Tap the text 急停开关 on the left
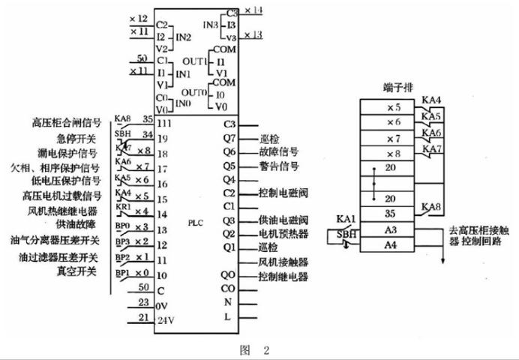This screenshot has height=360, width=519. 77,137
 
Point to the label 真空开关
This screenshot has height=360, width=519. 77,271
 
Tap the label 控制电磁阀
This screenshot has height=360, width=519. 283,193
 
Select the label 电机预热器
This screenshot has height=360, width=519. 283,234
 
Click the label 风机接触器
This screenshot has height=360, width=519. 283,262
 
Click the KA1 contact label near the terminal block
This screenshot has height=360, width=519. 345,218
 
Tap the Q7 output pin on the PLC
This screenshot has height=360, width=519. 229,138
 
